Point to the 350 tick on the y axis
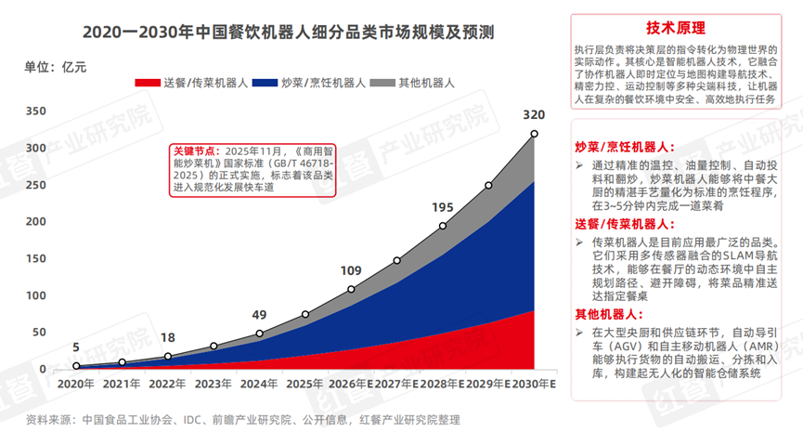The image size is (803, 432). click(35, 111)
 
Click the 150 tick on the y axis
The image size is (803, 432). click(35, 258)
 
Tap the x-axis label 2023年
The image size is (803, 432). click(214, 384)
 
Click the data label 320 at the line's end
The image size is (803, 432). click(534, 115)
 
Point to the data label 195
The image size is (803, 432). click(443, 207)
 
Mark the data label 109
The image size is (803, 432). click(351, 270)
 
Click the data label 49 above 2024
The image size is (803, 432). click(259, 314)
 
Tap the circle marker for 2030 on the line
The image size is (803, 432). click(534, 135)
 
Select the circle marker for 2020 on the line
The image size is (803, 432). click(76, 366)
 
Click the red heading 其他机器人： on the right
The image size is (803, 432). click(616, 314)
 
